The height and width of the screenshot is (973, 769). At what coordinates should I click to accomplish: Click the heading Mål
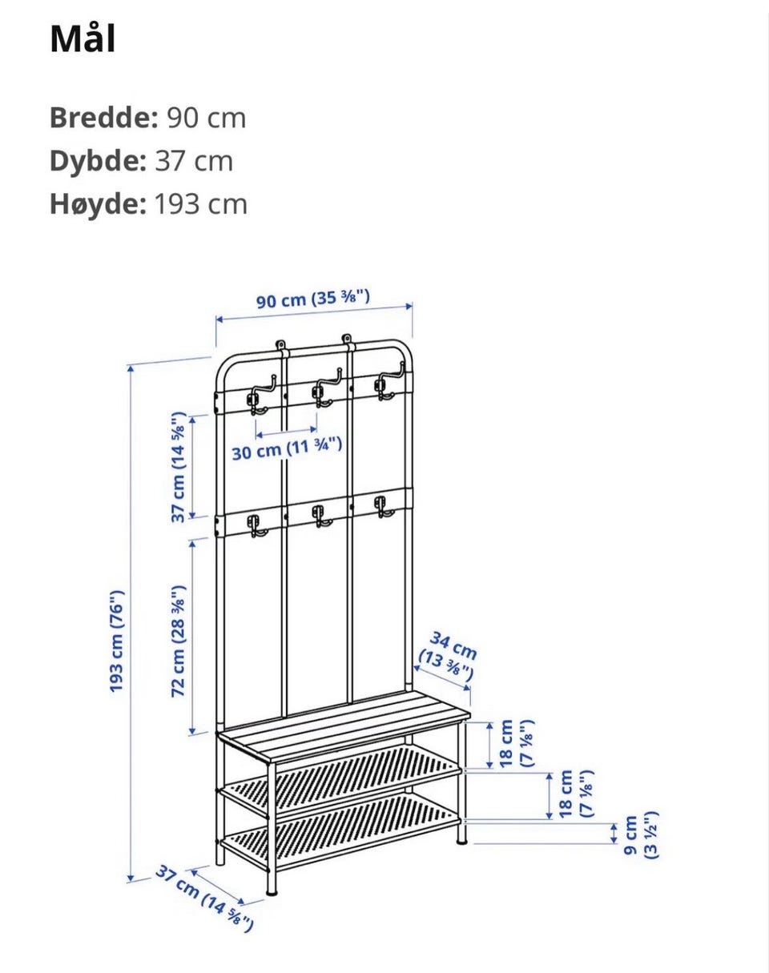[x=83, y=39]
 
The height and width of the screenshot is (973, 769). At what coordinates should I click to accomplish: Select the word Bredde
[x=104, y=118]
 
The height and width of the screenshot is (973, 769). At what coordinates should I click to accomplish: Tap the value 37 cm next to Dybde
[x=194, y=161]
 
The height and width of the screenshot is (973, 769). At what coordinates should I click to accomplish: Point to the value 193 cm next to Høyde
[x=201, y=204]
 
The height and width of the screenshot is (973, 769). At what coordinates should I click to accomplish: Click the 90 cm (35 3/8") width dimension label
[x=313, y=300]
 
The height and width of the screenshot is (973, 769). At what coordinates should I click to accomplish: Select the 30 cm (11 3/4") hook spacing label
[x=287, y=448]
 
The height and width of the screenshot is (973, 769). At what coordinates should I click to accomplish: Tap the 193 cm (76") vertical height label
[x=117, y=641]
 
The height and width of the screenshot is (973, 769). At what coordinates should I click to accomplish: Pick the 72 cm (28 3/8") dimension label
[x=178, y=641]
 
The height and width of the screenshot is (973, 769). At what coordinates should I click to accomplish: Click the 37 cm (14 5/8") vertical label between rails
[x=178, y=467]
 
